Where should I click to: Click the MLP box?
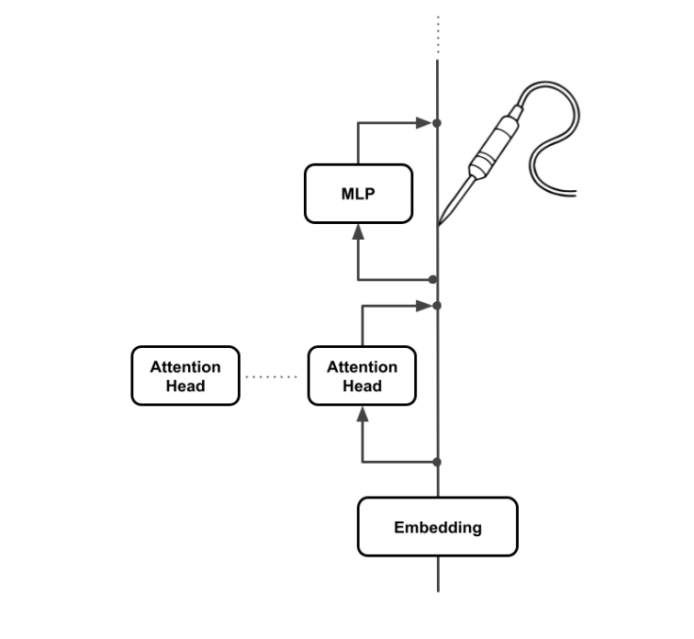358,193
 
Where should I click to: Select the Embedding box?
437,527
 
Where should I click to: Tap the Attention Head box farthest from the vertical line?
185,376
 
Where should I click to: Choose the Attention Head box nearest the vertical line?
362,376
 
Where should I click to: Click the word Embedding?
437,528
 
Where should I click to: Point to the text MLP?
358,194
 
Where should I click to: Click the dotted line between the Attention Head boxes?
274,376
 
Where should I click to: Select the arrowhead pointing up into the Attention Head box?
363,413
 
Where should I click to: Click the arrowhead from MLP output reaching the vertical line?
423,122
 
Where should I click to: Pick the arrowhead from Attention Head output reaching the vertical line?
423,306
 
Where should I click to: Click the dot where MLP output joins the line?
438,122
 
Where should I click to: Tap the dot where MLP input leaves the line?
433,279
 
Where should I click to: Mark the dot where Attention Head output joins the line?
438,306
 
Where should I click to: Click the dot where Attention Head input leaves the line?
437,462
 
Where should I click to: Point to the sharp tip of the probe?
440,223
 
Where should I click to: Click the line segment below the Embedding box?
438,574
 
